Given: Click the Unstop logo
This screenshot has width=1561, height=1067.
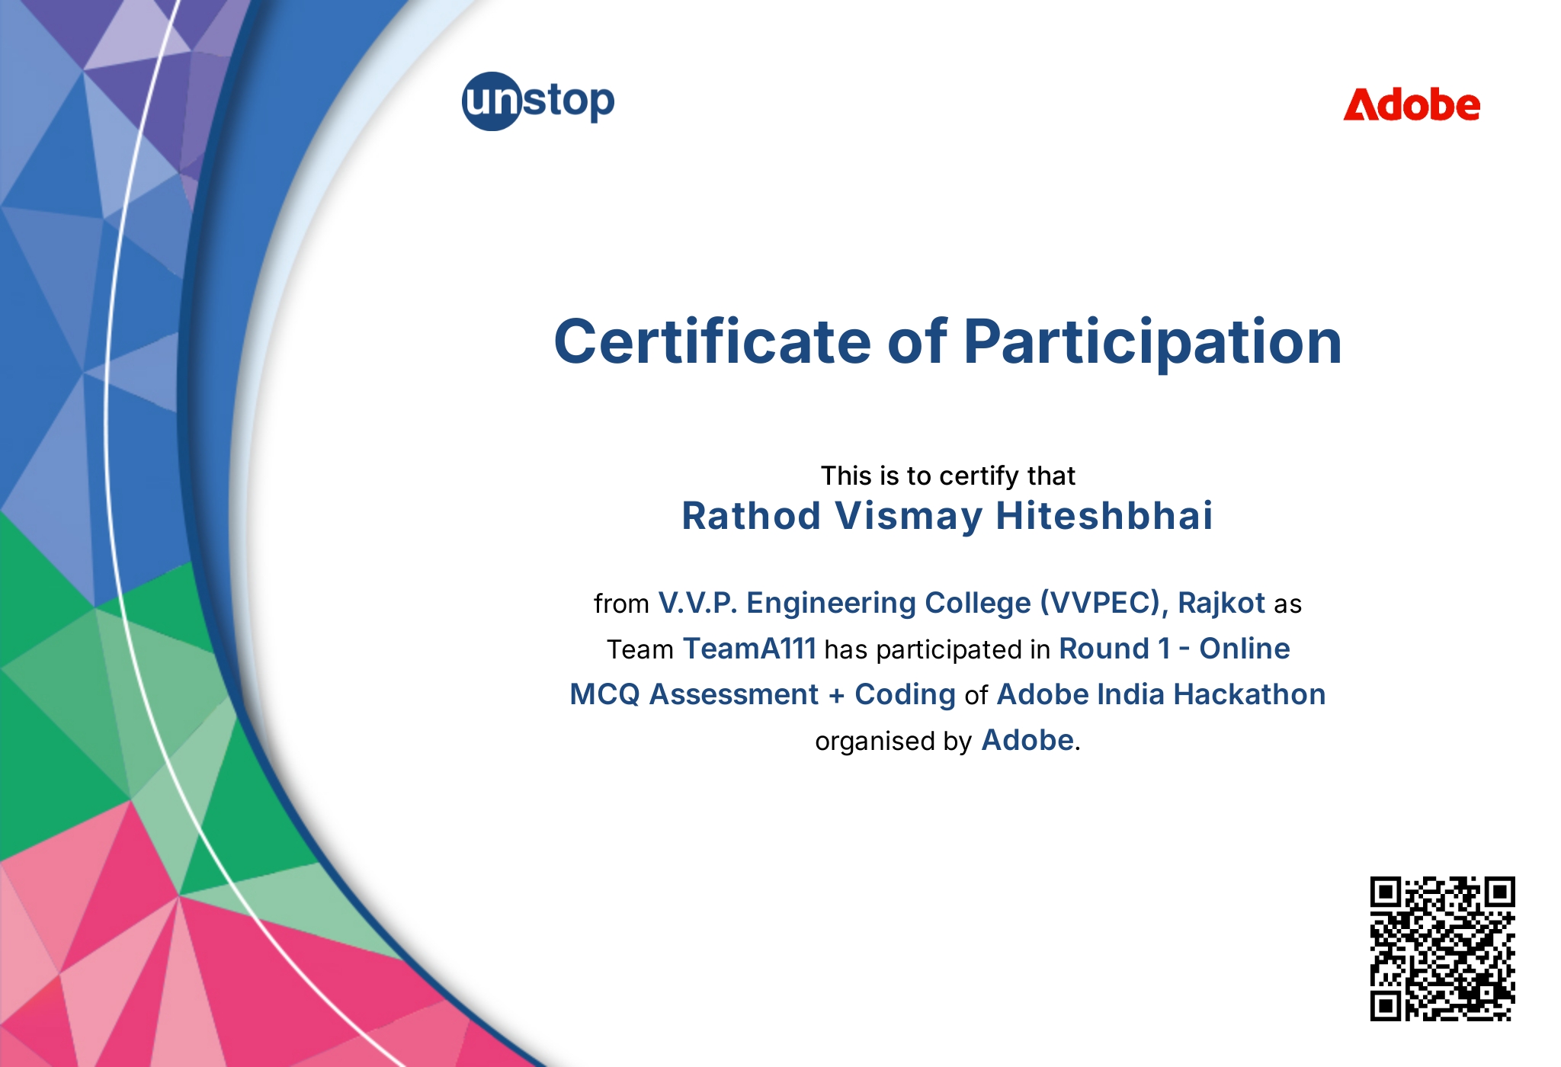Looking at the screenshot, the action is pyautogui.click(x=538, y=101).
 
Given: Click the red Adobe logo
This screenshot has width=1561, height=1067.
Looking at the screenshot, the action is pyautogui.click(x=1412, y=104).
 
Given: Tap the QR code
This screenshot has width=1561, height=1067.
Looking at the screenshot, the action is pyautogui.click(x=1442, y=948).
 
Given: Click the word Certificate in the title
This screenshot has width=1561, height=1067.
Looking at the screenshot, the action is pyautogui.click(x=712, y=341).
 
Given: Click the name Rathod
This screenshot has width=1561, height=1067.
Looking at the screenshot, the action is pyautogui.click(x=751, y=515).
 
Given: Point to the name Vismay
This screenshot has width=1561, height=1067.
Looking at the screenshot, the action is pyautogui.click(x=909, y=517).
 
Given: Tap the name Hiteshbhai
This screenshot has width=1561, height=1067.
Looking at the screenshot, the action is pyautogui.click(x=1104, y=515).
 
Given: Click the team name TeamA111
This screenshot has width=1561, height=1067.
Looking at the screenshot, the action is pyautogui.click(x=749, y=649).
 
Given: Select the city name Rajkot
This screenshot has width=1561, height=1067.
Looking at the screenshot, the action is pyautogui.click(x=1221, y=603).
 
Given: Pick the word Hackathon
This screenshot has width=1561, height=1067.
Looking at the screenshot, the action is pyautogui.click(x=1249, y=694).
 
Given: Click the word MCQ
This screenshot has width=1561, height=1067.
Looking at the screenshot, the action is pyautogui.click(x=604, y=694).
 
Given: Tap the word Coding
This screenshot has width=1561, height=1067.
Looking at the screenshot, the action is pyautogui.click(x=905, y=695).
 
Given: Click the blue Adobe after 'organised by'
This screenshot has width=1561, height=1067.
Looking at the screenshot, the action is pyautogui.click(x=1027, y=740).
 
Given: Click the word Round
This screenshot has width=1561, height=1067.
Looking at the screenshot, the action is pyautogui.click(x=1104, y=649).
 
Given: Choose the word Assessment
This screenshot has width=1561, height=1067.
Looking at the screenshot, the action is pyautogui.click(x=733, y=694).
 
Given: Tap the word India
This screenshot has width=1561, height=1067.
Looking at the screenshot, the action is pyautogui.click(x=1131, y=694).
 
